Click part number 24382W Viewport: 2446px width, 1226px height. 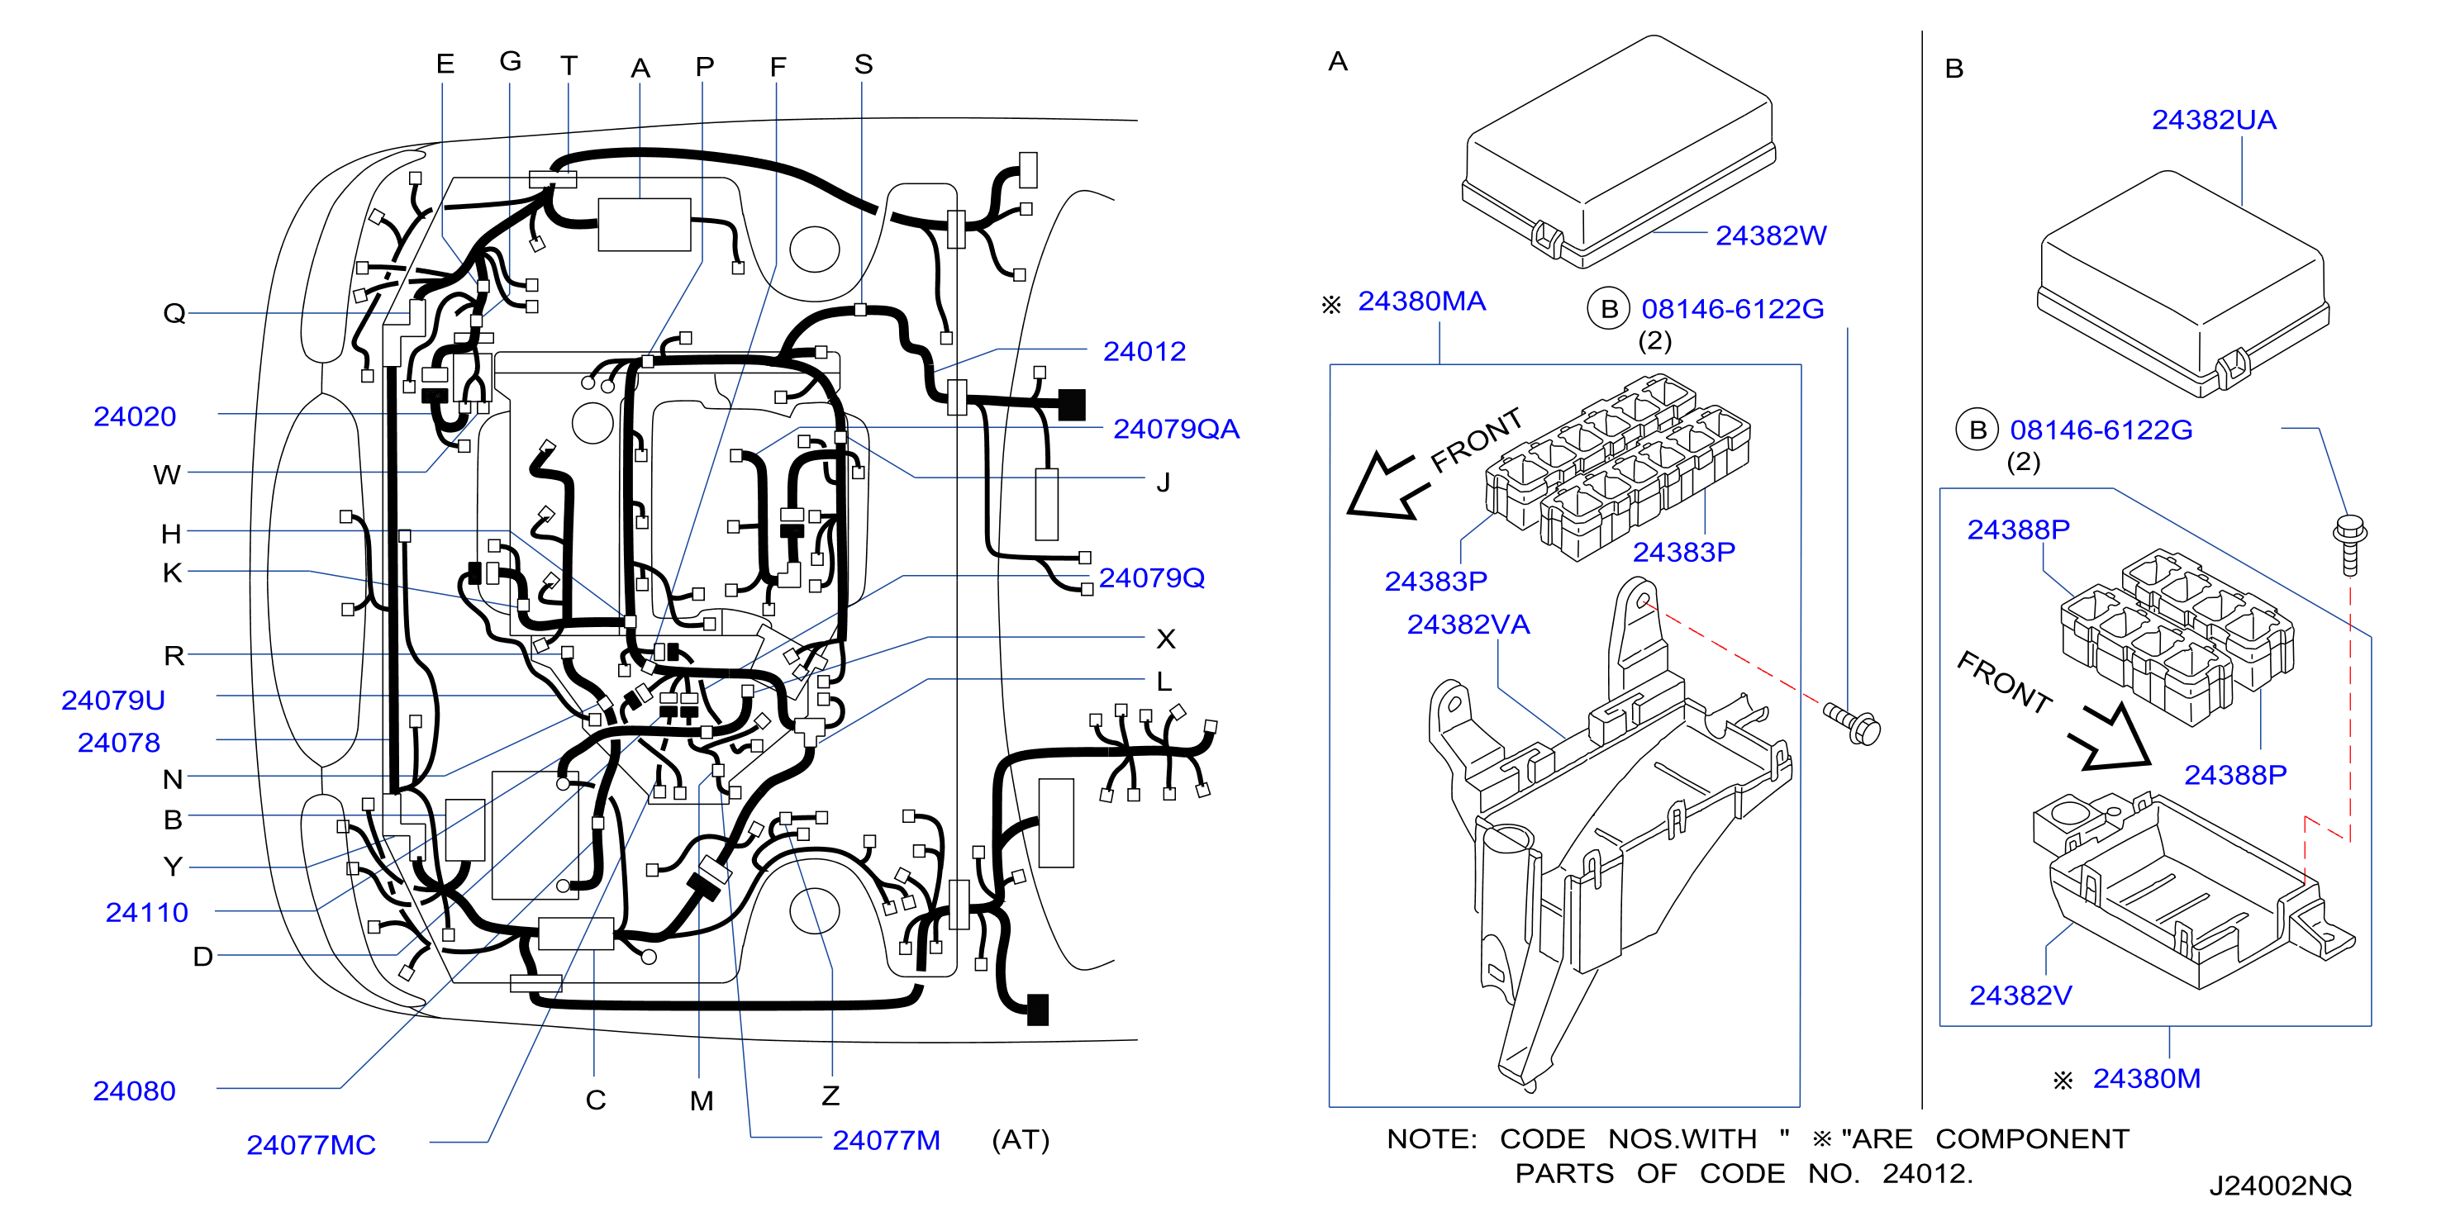[x=1770, y=235]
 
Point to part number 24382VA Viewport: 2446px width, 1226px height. [x=1468, y=625]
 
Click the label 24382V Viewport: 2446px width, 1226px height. [x=2020, y=996]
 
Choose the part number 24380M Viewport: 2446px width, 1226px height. [x=2146, y=1079]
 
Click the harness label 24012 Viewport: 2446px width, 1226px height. [x=1144, y=351]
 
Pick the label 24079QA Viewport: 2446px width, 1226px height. [x=1176, y=430]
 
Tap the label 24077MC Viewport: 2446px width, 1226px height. [x=312, y=1145]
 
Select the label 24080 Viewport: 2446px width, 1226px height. [x=134, y=1091]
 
